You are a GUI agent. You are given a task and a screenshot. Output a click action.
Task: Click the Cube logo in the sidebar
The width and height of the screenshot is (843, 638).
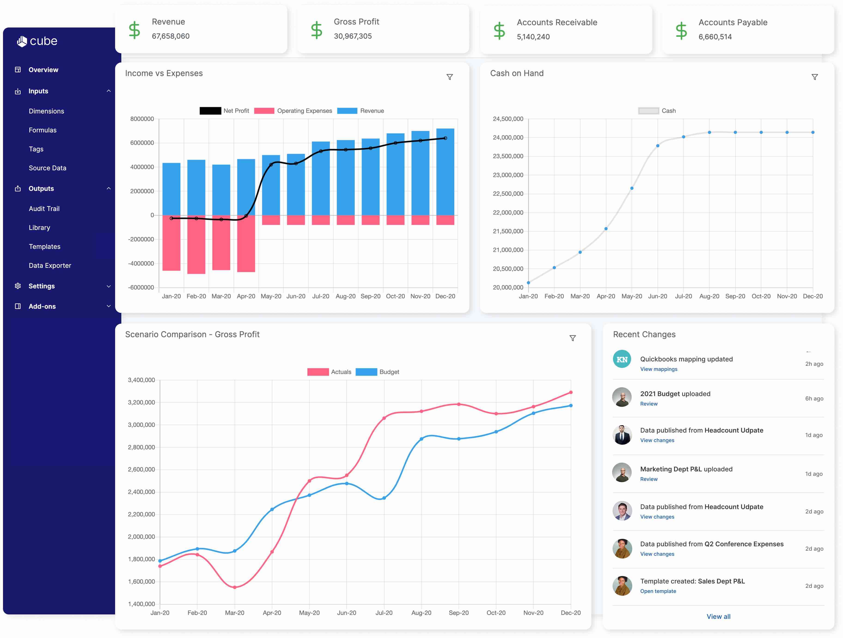[37, 41]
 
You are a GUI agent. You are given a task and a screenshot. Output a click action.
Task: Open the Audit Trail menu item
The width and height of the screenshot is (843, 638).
[44, 208]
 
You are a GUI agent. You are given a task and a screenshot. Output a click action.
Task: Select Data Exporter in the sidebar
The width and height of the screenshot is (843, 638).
[50, 265]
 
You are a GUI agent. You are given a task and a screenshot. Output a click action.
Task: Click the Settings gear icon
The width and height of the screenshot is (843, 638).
[18, 286]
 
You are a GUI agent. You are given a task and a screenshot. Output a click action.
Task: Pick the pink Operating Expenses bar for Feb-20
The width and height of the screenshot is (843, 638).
[196, 244]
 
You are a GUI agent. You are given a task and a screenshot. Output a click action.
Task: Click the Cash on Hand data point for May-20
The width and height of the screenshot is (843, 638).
[632, 188]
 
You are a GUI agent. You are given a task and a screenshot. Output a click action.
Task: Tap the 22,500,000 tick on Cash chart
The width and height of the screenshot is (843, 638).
[508, 194]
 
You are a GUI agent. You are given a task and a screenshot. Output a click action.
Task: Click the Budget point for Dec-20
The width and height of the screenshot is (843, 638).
[571, 406]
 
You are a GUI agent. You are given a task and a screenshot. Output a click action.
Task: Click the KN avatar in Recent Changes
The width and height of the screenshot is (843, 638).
[622, 359]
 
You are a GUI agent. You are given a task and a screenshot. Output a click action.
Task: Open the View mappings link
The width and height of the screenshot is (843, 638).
[658, 369]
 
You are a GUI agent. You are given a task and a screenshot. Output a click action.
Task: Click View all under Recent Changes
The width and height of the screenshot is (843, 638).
[718, 616]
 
